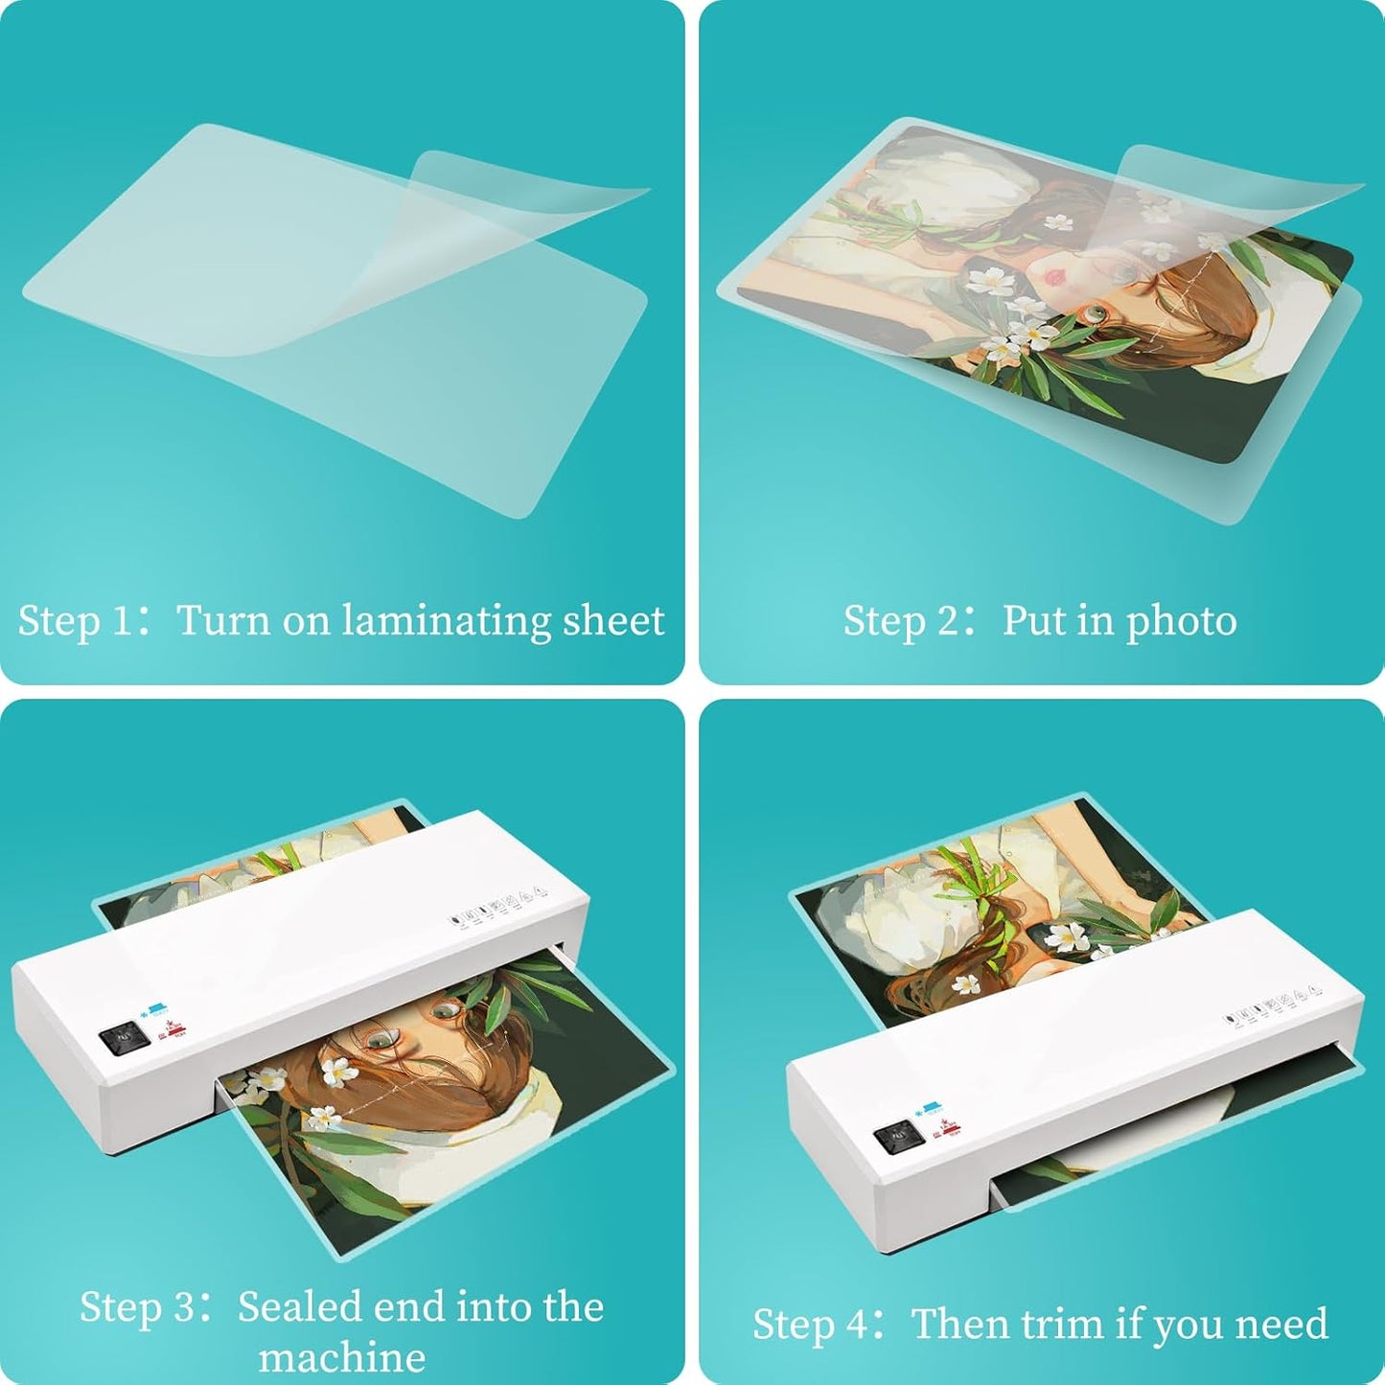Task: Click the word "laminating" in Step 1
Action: pos(447,621)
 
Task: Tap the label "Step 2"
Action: pos(901,621)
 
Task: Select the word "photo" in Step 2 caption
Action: pos(1181,621)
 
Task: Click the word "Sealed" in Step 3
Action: pos(299,1307)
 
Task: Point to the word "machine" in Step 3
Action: pos(342,1358)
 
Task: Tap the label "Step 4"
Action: pos(810,1324)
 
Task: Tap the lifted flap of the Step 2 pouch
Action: pos(1236,192)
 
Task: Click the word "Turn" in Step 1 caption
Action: pos(223,621)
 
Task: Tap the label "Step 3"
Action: pos(135,1307)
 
